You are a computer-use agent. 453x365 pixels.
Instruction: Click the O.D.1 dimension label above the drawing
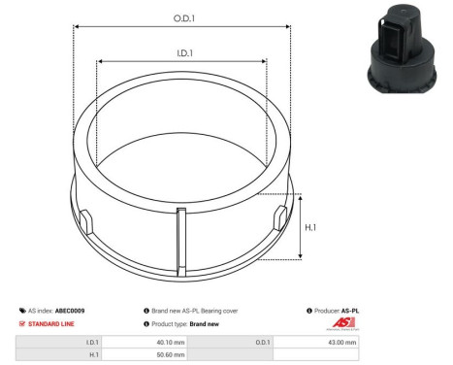181,17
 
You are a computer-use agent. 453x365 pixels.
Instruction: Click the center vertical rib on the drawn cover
181,237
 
